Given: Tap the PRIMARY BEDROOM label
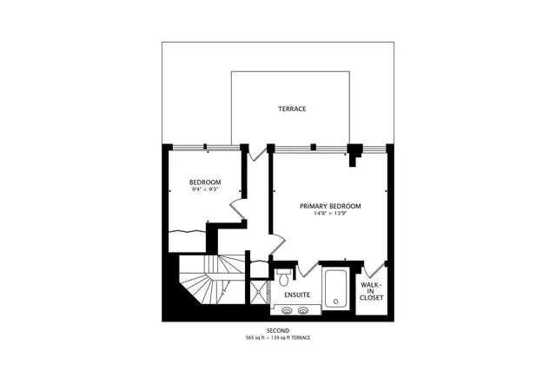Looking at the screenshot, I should pyautogui.click(x=330, y=206).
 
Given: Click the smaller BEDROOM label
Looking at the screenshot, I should pyautogui.click(x=205, y=182).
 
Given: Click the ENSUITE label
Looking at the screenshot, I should pyautogui.click(x=296, y=295).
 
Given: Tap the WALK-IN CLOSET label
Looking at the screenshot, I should pyautogui.click(x=372, y=290).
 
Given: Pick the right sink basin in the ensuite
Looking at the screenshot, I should pyautogui.click(x=304, y=308).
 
